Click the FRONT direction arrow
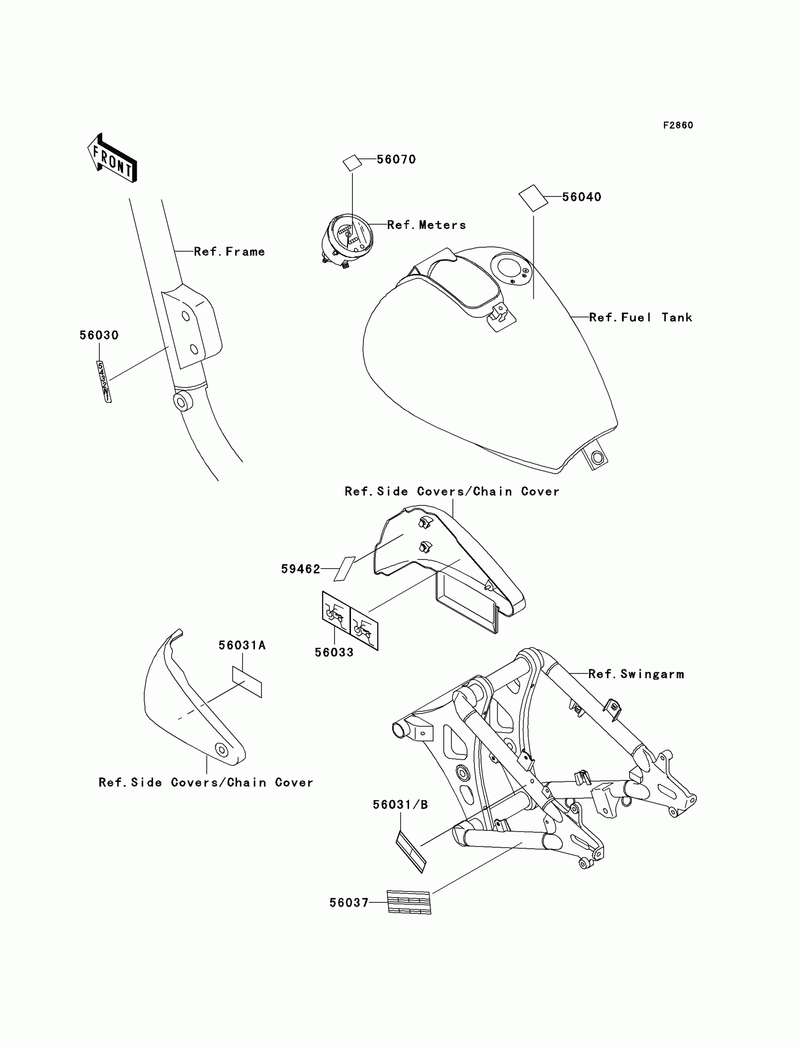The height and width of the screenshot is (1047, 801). pyautogui.click(x=113, y=158)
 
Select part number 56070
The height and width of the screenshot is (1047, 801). pyautogui.click(x=396, y=160)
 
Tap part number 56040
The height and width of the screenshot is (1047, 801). pyautogui.click(x=581, y=197)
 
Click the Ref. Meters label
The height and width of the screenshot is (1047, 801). pyautogui.click(x=426, y=225)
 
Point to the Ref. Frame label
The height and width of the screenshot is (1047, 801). pyautogui.click(x=229, y=252)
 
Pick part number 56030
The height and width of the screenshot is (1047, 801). pyautogui.click(x=98, y=335)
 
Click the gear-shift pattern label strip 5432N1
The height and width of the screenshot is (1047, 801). pyautogui.click(x=104, y=381)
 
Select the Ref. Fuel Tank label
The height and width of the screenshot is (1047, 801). pyautogui.click(x=640, y=318)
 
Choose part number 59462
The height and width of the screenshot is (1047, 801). pyautogui.click(x=301, y=569)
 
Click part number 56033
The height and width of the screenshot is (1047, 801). pyautogui.click(x=334, y=652)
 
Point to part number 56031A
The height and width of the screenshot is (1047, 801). pyautogui.click(x=242, y=645)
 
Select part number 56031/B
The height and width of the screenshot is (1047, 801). pyautogui.click(x=400, y=805)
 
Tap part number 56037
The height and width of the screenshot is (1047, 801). pyautogui.click(x=349, y=902)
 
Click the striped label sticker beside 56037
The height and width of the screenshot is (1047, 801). pyautogui.click(x=409, y=902)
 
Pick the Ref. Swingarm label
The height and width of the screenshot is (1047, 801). pyautogui.click(x=636, y=674)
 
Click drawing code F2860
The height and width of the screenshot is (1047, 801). pyautogui.click(x=678, y=125)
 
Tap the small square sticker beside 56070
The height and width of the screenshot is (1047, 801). pyautogui.click(x=352, y=162)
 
